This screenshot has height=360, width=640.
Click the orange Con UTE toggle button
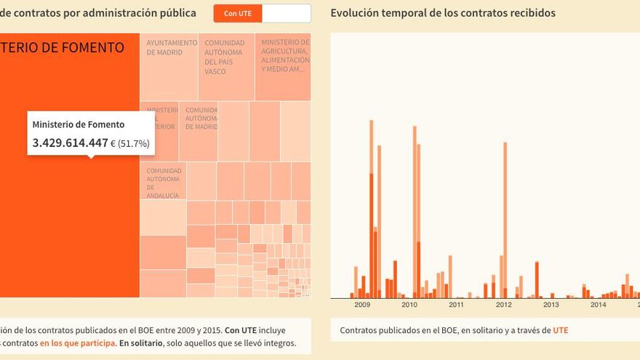[238, 13]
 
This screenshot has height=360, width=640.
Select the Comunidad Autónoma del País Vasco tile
[225, 66]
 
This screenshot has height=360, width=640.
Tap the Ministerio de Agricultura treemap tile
[283, 66]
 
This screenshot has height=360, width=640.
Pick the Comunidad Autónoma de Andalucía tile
[163, 180]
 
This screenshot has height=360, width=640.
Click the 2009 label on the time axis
[362, 305]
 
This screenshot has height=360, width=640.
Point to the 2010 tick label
[409, 305]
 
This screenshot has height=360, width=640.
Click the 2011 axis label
[456, 305]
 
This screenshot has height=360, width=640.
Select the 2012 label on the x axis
[503, 305]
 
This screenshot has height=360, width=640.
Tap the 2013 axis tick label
[551, 305]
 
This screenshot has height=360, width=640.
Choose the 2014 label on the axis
[598, 305]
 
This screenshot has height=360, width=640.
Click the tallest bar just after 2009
[371, 211]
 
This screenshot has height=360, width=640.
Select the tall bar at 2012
[505, 218]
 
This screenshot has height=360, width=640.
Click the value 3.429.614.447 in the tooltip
[71, 143]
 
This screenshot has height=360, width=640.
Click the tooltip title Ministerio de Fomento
[79, 124]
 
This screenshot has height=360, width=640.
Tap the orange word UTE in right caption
[560, 330]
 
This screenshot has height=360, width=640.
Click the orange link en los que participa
[77, 343]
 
